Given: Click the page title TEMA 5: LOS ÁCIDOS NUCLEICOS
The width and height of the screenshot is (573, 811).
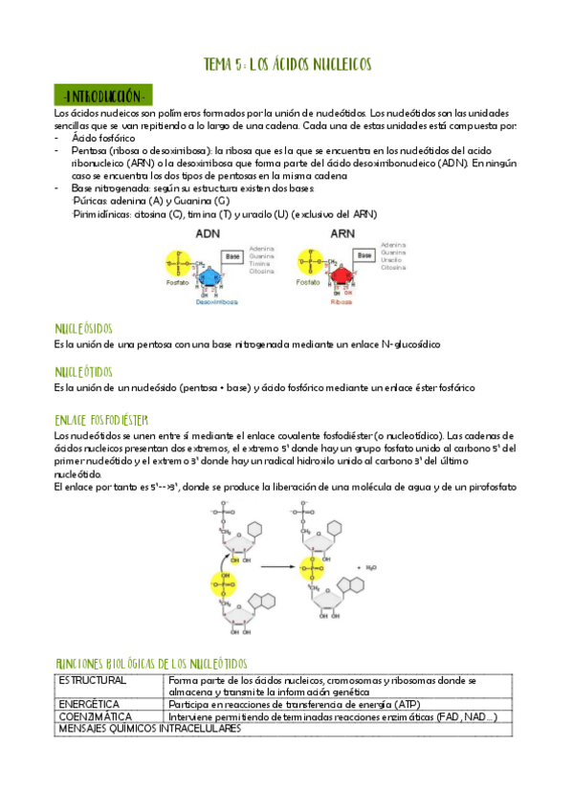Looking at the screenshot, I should pyautogui.click(x=287, y=65).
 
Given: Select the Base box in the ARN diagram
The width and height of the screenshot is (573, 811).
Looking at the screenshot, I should pyautogui.click(x=364, y=256).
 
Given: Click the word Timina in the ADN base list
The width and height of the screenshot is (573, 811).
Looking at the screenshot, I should pyautogui.click(x=261, y=263).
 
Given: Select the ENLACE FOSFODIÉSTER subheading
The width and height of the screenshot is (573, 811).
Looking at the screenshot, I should pyautogui.click(x=101, y=419).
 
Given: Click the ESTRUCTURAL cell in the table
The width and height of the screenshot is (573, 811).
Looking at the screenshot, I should pyautogui.click(x=92, y=680).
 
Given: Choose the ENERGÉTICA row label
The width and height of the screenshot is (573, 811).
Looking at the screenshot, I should pyautogui.click(x=88, y=703).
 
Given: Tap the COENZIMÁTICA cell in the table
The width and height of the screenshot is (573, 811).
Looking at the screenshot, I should pyautogui.click(x=96, y=715).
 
